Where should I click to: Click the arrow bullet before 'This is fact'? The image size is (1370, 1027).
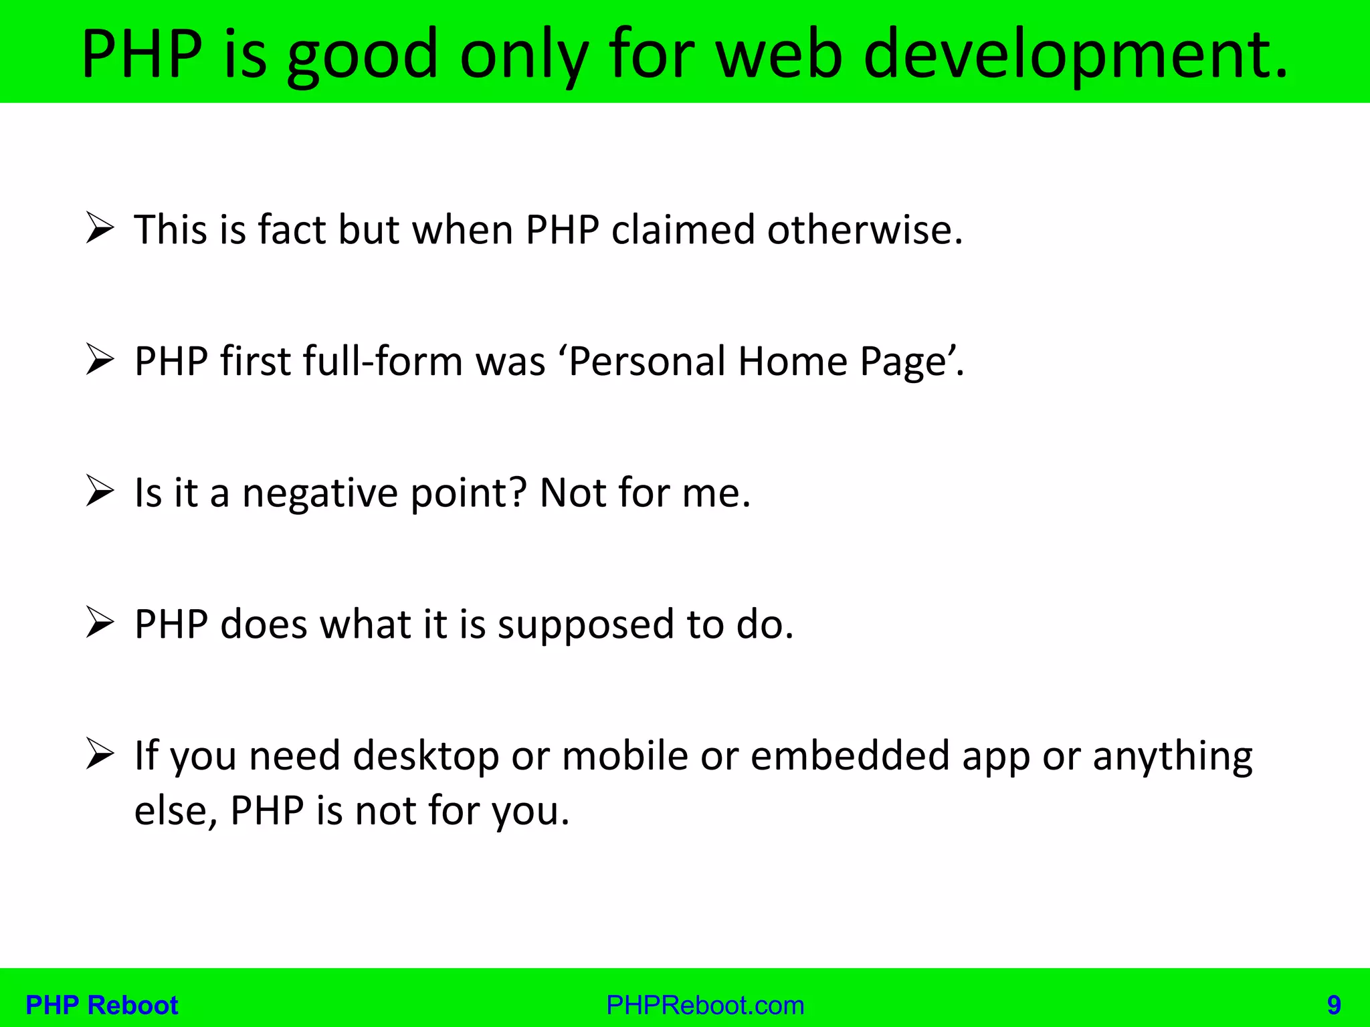100,229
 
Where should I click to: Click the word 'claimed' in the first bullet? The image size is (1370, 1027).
683,229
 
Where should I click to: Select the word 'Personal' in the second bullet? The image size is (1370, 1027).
647,361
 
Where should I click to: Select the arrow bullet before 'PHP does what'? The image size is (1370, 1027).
100,623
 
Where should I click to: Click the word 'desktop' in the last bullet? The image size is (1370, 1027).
425,756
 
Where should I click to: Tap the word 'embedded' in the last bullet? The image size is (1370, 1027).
849,756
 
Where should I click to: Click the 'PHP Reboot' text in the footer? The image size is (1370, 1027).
102,1005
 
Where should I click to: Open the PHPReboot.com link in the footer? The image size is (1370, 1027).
705,1005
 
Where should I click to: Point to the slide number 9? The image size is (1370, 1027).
1334,1005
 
